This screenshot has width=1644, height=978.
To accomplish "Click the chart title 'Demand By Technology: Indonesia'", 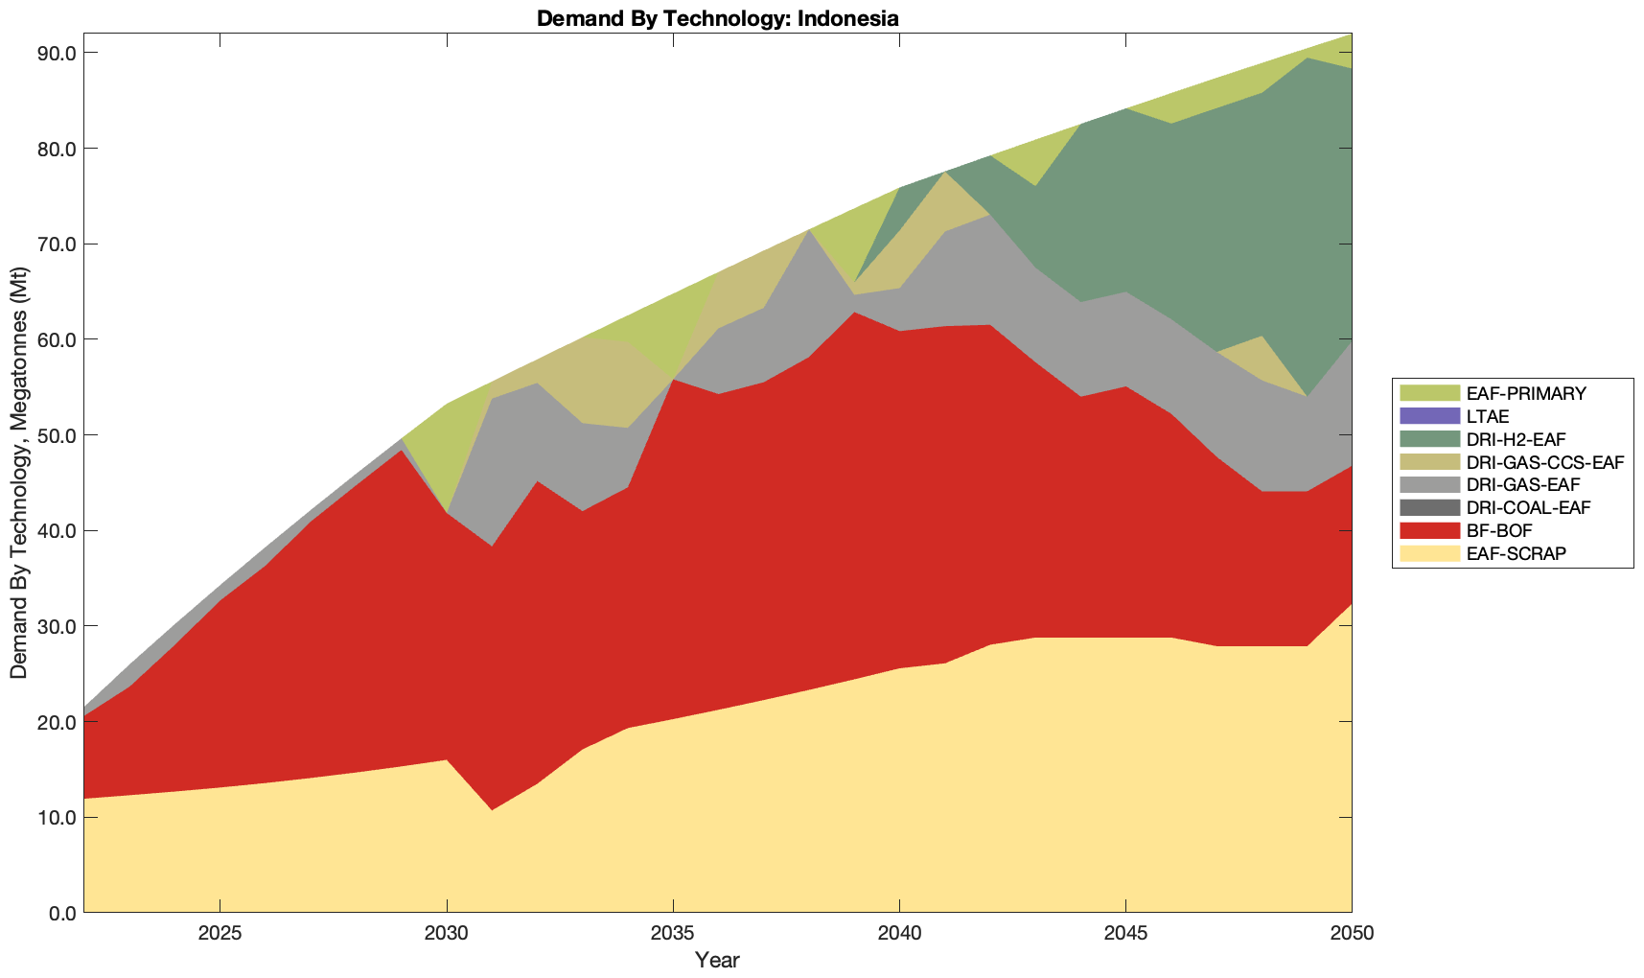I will coord(717,17).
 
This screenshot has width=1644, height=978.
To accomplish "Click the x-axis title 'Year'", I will coord(717,960).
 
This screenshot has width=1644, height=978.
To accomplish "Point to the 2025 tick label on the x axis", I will coord(220,935).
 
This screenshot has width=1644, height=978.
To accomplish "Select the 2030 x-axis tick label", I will coord(447,935).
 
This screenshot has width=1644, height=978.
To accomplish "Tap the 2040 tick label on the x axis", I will coord(899,935).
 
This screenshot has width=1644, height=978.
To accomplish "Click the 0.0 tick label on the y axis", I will coord(60,913).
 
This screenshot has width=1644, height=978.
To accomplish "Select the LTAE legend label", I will coord(1488,416).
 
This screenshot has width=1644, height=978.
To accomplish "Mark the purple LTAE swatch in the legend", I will coord(1429,416).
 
